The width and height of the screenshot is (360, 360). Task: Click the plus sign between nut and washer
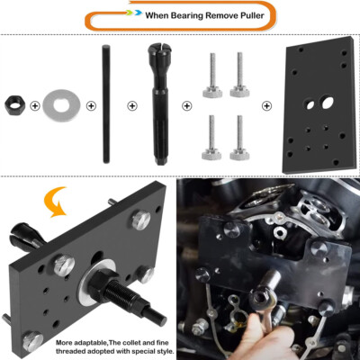coord(35,106)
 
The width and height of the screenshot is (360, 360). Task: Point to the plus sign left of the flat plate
coord(266,106)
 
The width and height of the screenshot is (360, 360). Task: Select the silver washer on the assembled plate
coord(95,290)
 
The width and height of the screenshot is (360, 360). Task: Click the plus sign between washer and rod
coord(91,106)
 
